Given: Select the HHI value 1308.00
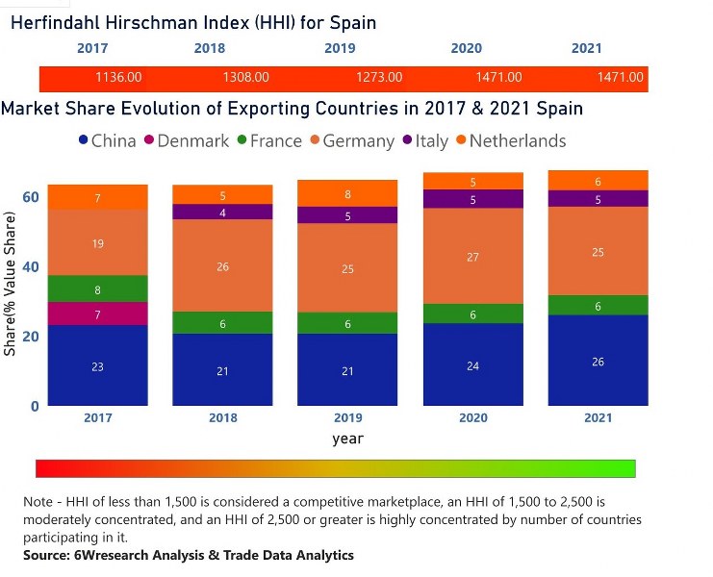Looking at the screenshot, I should point(245,77).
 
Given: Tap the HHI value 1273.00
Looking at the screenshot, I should point(379,77).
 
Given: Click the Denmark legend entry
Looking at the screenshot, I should point(192,140).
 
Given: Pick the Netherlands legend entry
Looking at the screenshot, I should point(517,140).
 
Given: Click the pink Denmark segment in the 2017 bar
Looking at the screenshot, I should point(98,314).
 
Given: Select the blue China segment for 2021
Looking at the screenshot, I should point(598,361).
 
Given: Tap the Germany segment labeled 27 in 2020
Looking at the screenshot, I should point(472,257).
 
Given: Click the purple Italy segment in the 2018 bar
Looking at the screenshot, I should point(222,213).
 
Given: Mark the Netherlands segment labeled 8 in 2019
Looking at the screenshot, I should point(347,194).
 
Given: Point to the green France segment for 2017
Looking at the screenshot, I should point(98,289).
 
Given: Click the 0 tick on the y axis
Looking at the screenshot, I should point(35,406).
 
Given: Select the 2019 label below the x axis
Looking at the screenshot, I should point(347,418).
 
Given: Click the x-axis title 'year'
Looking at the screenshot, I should point(347,439).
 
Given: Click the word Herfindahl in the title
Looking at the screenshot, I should point(60,21).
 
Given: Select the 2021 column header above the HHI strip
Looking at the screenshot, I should point(587,48).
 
